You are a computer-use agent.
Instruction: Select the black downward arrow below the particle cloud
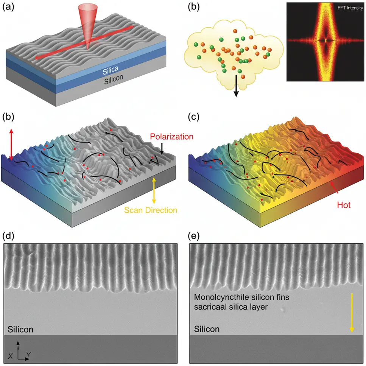tap(236, 86)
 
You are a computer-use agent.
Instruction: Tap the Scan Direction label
tap(151, 209)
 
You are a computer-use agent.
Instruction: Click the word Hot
tap(344, 206)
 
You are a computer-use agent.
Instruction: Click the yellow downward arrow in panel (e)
tap(352, 312)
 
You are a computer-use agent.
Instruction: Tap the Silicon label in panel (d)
tap(20, 329)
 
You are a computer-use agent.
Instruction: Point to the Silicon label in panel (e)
tap(207, 329)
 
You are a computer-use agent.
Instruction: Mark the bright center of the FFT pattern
tap(325, 40)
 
